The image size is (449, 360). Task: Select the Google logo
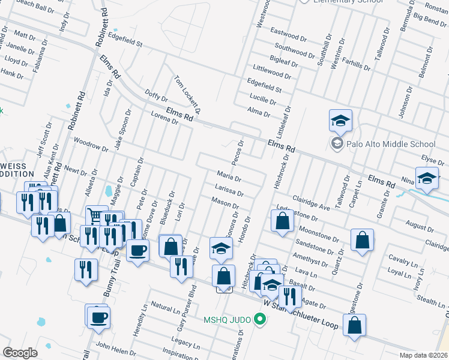click(20, 353)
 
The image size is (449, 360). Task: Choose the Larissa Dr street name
click(229, 190)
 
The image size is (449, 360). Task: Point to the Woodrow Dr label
click(90, 145)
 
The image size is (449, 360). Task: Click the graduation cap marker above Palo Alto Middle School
click(340, 122)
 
